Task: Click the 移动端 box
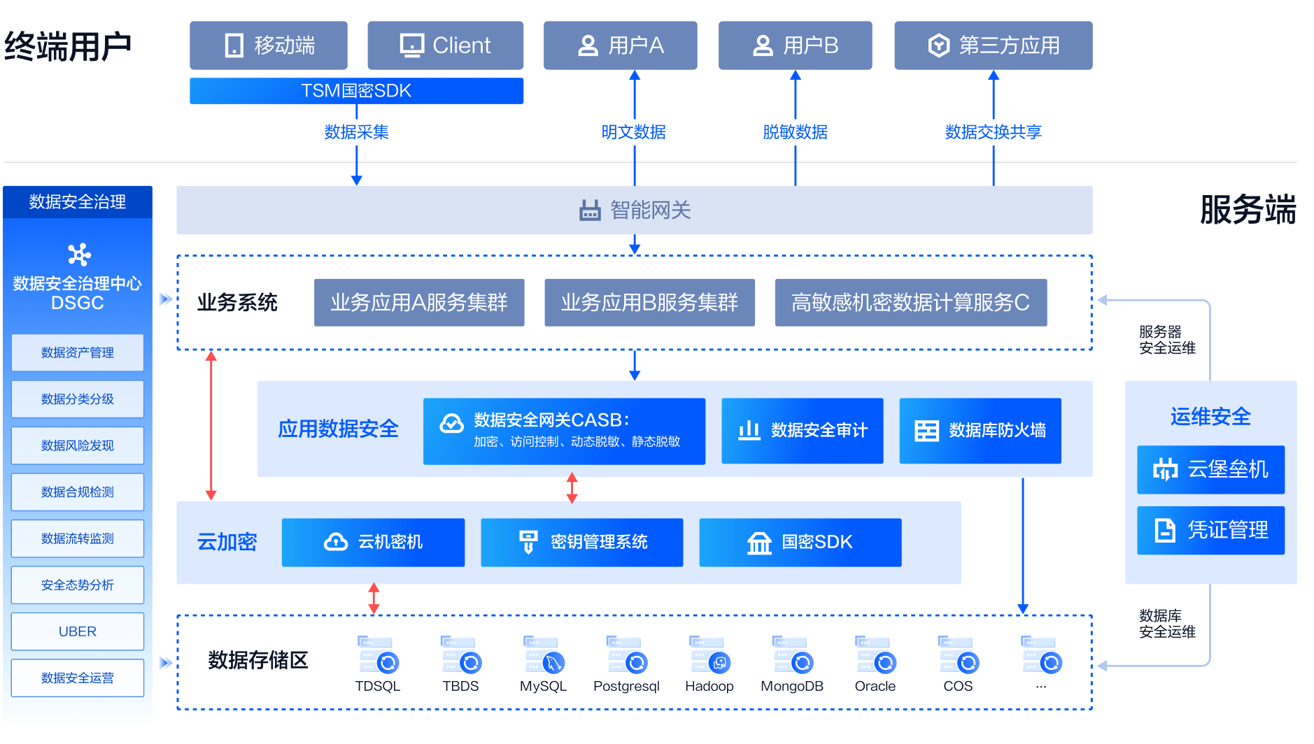click(269, 45)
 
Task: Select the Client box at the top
click(446, 45)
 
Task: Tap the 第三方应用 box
click(994, 45)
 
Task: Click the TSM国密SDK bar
click(356, 91)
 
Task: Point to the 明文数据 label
click(634, 131)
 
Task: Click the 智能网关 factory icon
click(590, 210)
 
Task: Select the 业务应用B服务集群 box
click(649, 303)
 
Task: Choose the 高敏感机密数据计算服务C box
click(911, 303)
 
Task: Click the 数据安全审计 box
click(803, 431)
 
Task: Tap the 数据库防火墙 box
click(980, 431)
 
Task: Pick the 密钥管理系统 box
click(582, 542)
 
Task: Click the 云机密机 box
click(373, 542)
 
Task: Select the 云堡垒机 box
click(1211, 469)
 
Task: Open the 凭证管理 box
click(1211, 530)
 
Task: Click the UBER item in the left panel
click(78, 631)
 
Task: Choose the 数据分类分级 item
click(78, 399)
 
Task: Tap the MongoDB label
click(792, 686)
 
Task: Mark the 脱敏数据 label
click(796, 131)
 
